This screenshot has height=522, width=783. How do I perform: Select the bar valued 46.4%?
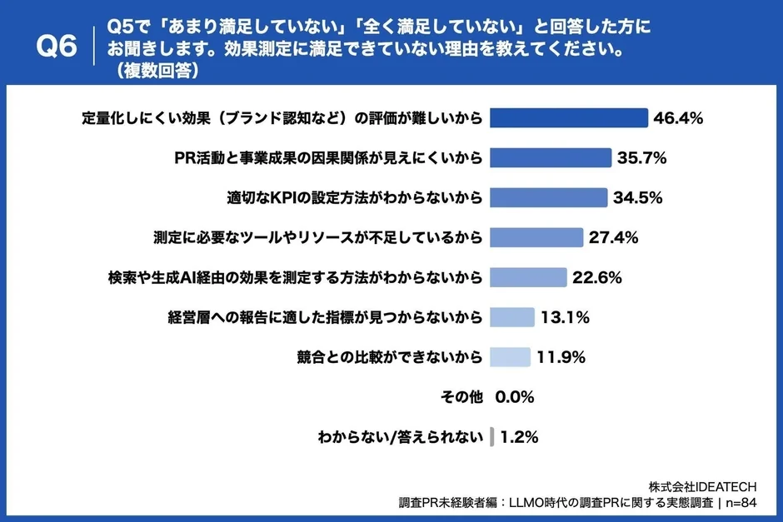568,117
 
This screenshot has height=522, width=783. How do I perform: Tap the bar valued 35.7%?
551,157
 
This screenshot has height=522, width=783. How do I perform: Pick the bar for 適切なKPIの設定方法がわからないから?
548,197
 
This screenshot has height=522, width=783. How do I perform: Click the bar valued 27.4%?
536,237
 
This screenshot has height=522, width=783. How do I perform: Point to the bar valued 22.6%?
528,277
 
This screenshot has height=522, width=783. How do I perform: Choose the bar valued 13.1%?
511,317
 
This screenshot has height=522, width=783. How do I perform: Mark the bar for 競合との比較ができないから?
510,357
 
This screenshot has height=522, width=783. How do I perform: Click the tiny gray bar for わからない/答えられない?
492,436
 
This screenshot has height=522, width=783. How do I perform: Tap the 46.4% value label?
679,118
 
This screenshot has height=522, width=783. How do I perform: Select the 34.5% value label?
637,198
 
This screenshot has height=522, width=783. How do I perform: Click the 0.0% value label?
514,397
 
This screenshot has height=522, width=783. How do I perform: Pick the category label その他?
461,397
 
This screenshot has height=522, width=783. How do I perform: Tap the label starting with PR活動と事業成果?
328,157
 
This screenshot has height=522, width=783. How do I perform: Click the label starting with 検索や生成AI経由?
296,277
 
